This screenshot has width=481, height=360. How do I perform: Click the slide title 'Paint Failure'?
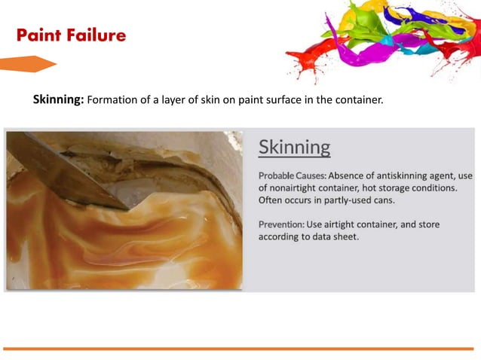point(71,35)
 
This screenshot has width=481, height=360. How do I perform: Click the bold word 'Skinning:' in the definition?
point(59,99)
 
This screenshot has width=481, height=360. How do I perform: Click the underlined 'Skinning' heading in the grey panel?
point(294,147)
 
